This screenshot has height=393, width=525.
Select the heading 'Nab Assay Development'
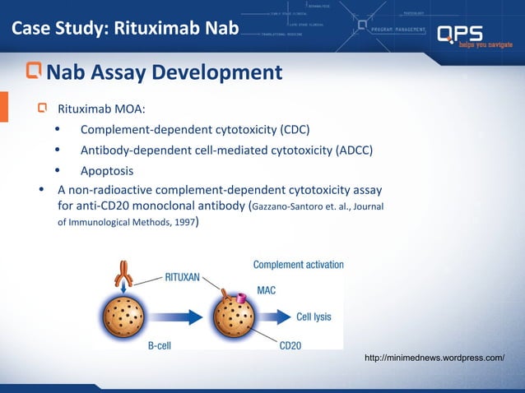click(165, 73)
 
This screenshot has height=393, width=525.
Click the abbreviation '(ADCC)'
click(355, 150)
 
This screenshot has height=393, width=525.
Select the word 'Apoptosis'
click(106, 171)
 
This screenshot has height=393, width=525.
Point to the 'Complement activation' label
click(298, 265)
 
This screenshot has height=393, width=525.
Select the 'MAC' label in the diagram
click(266, 290)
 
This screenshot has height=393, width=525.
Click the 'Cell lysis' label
click(315, 316)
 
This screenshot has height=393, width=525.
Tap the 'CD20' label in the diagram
click(290, 346)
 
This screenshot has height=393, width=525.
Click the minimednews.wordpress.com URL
click(434, 358)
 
